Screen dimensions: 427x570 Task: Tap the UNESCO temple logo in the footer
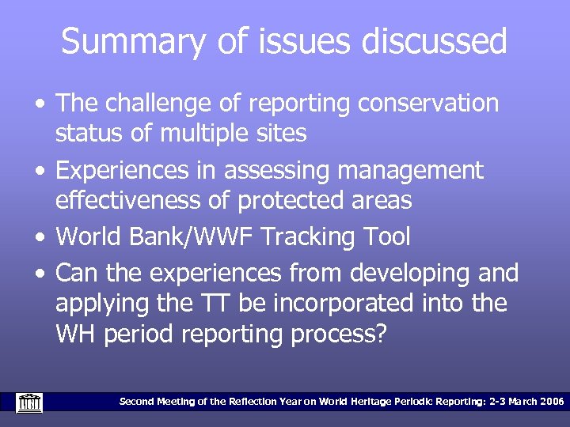pyautogui.click(x=29, y=402)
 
